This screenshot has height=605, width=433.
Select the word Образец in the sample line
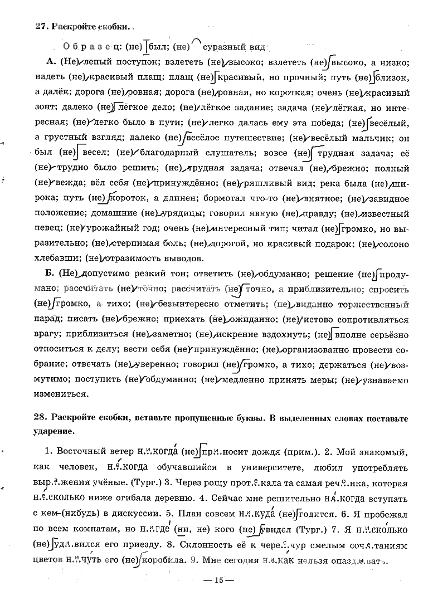tap(88, 46)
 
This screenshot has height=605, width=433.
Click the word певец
tap(46, 228)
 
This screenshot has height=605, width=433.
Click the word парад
tap(46, 320)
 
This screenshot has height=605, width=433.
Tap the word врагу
tap(46, 335)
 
